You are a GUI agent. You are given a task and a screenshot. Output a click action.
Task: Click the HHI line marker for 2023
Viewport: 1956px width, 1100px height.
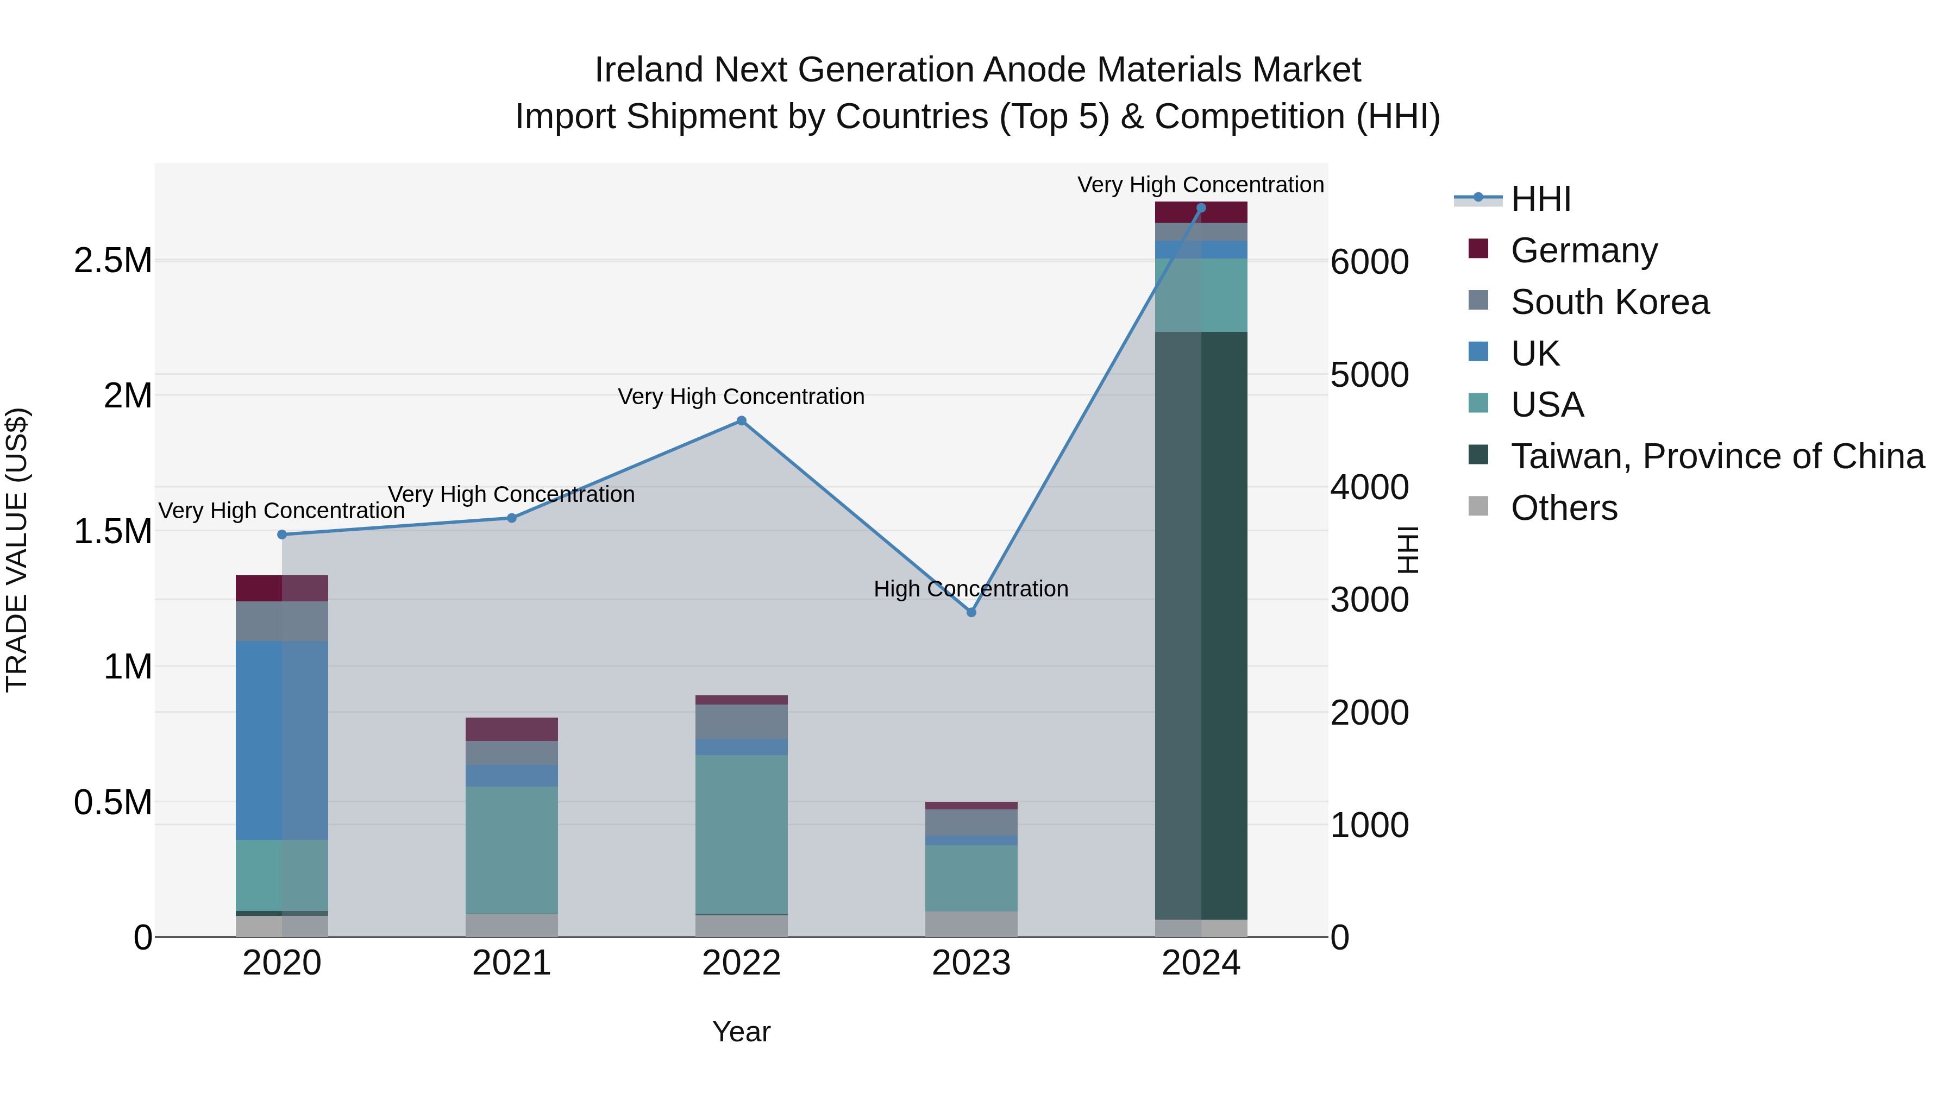click(971, 612)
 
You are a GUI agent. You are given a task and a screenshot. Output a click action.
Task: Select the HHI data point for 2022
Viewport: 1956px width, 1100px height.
click(742, 420)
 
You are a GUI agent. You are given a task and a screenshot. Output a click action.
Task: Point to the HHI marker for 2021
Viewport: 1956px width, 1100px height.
click(512, 518)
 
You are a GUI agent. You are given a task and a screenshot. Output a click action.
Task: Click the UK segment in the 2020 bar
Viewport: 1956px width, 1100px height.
click(281, 740)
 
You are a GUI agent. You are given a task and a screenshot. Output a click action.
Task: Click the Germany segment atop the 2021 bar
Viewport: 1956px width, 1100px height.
click(512, 729)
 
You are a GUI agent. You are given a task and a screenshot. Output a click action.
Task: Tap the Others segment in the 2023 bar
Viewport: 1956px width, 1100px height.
click(971, 924)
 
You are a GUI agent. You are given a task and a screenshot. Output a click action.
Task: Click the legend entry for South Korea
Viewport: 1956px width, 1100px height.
click(1610, 302)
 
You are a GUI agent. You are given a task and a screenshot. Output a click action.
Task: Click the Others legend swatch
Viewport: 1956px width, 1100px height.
click(1478, 506)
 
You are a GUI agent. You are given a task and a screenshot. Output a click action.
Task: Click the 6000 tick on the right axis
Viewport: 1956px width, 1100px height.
click(1370, 262)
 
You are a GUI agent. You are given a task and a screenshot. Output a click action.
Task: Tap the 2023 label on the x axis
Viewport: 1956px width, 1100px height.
click(971, 963)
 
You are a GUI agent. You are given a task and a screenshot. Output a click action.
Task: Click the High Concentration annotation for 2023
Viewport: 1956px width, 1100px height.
click(970, 588)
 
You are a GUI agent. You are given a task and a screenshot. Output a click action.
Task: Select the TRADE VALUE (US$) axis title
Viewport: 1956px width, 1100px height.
click(17, 550)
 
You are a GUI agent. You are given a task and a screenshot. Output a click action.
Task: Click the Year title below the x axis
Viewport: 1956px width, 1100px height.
click(741, 1032)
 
